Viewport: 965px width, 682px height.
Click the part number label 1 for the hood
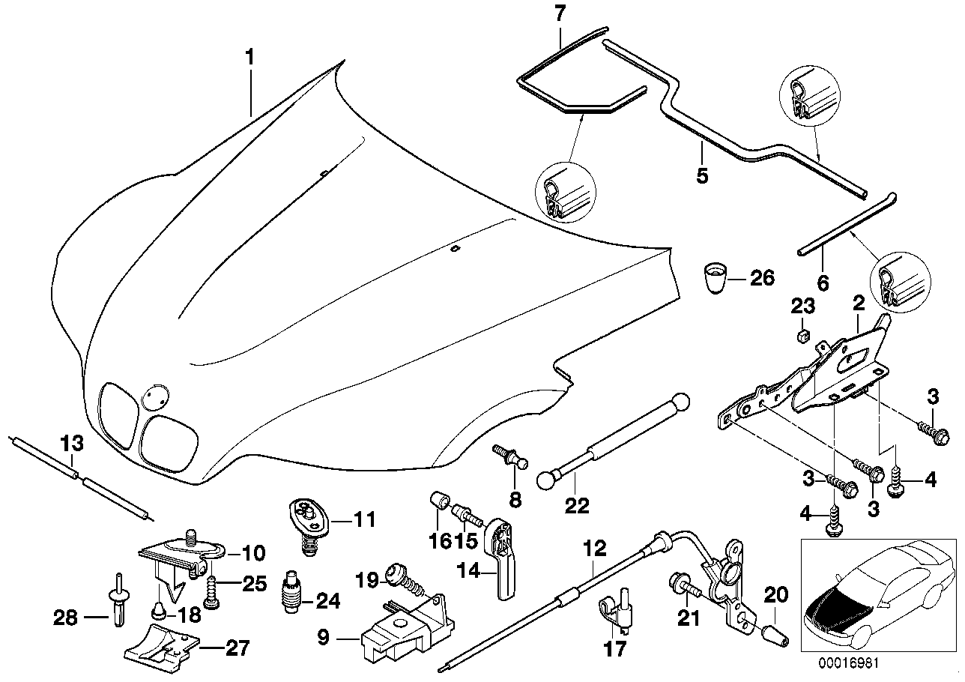coord(250,56)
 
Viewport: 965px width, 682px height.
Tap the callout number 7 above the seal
coord(561,14)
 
